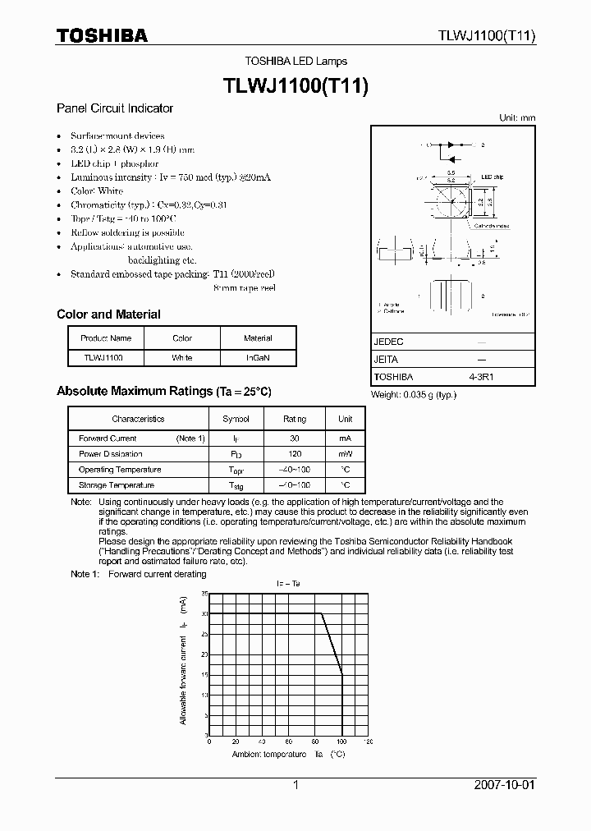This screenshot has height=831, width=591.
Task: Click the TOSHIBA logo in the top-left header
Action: pyautogui.click(x=102, y=35)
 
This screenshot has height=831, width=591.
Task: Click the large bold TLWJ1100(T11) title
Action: pyautogui.click(x=295, y=85)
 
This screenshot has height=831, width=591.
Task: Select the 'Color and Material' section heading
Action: pyautogui.click(x=108, y=314)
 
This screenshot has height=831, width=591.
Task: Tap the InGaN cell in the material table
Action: pyautogui.click(x=258, y=358)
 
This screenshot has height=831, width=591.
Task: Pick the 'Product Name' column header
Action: pyautogui.click(x=106, y=338)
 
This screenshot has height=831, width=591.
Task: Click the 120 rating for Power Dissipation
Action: pyautogui.click(x=295, y=454)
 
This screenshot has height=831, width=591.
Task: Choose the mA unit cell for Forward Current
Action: pyautogui.click(x=345, y=438)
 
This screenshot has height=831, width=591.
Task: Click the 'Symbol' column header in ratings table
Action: pyautogui.click(x=236, y=419)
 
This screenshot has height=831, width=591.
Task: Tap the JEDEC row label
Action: pyautogui.click(x=389, y=341)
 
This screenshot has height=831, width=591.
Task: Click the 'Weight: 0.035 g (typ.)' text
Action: pyautogui.click(x=414, y=395)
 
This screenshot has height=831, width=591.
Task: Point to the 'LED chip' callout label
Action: pyautogui.click(x=492, y=177)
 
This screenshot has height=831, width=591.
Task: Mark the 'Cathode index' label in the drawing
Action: pyautogui.click(x=492, y=223)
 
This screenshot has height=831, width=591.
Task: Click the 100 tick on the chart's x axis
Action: pyautogui.click(x=341, y=741)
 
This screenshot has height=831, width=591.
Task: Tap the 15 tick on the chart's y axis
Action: pyautogui.click(x=204, y=675)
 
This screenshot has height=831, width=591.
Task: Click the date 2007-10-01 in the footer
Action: pyautogui.click(x=504, y=785)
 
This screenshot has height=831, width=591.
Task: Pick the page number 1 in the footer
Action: pyautogui.click(x=295, y=785)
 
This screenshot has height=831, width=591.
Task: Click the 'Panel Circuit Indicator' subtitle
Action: pyautogui.click(x=114, y=108)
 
